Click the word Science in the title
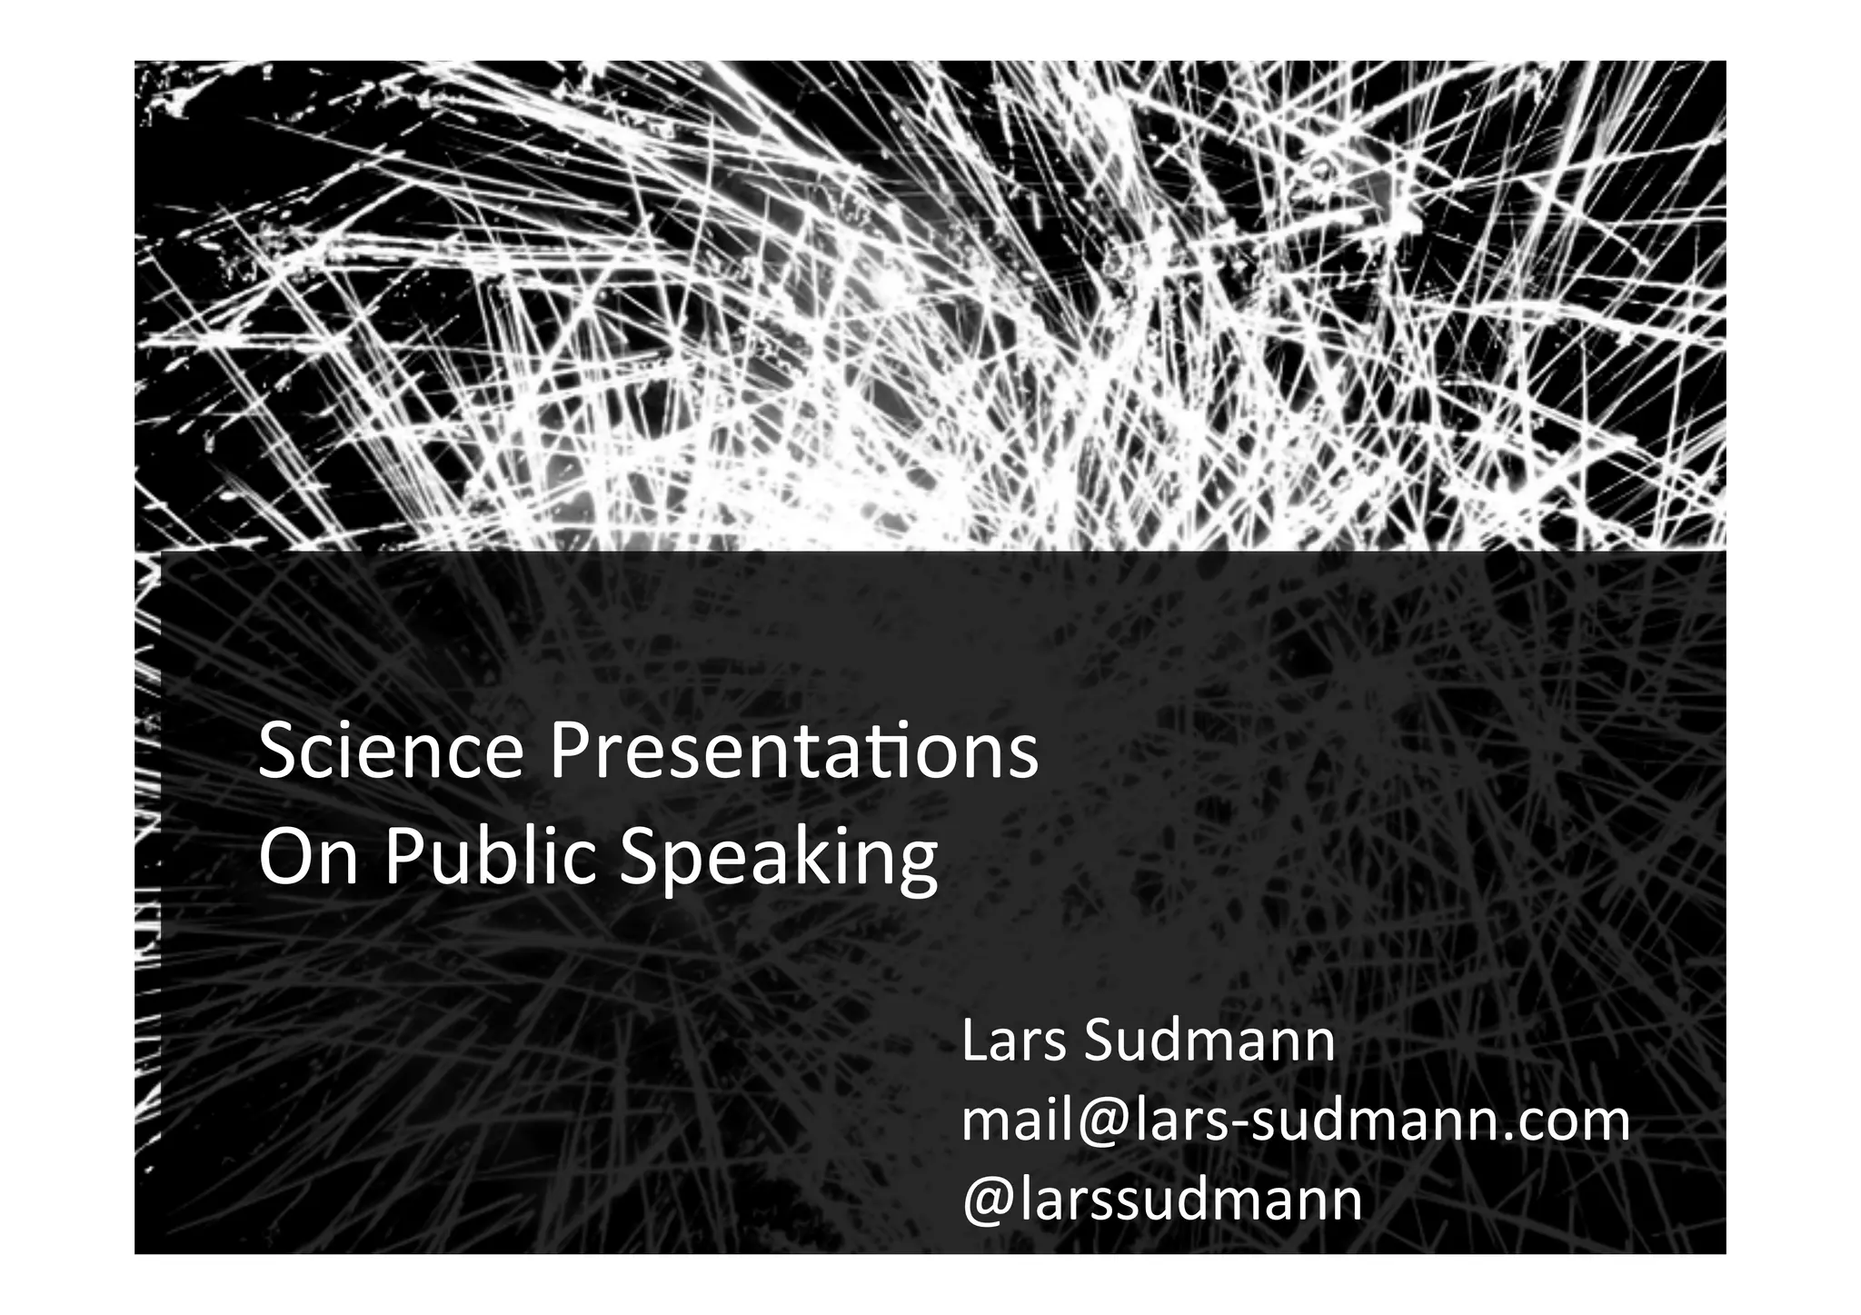click(x=391, y=752)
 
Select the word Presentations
click(x=794, y=752)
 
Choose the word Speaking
click(x=778, y=859)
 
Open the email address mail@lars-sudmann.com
click(x=1296, y=1121)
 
